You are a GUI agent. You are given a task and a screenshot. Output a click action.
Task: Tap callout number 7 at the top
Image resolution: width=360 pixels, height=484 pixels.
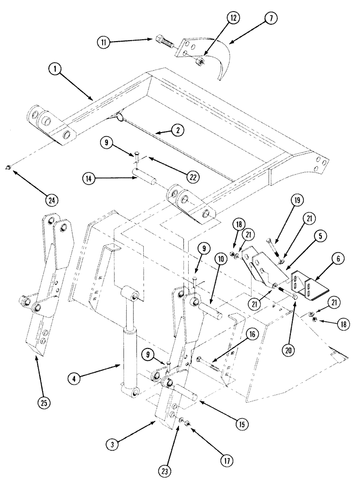(270, 19)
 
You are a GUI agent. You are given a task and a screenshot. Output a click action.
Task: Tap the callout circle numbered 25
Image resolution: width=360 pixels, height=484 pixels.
(43, 401)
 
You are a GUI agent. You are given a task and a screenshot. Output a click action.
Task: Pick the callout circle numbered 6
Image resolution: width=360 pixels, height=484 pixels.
(324, 259)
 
